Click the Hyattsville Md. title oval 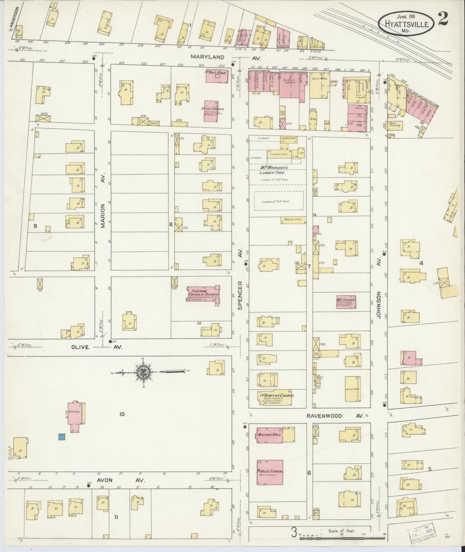(406, 22)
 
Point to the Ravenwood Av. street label (335, 416)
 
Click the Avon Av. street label (108, 480)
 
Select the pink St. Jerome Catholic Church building (203, 293)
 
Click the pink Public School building (270, 472)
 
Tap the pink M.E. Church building (346, 302)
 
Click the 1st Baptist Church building (276, 398)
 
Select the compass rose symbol (143, 372)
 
